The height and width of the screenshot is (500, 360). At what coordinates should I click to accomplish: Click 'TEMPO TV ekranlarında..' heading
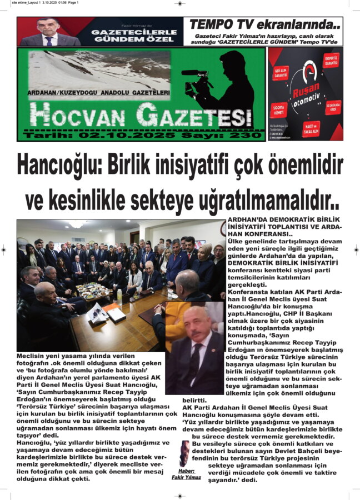pyautogui.click(x=265, y=24)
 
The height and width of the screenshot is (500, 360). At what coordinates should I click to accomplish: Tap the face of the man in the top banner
pyautogui.click(x=48, y=27)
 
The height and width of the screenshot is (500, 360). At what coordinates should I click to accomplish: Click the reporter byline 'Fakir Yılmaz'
pyautogui.click(x=186, y=477)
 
